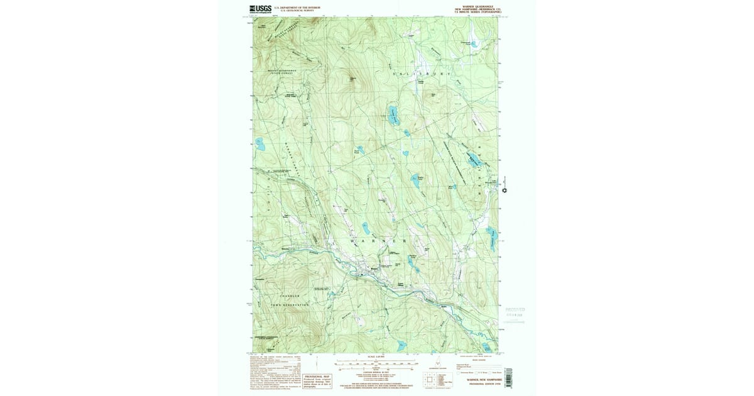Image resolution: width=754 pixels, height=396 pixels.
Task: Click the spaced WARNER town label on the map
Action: coord(376,241)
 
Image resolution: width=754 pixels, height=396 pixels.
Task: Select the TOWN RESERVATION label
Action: coord(290,305)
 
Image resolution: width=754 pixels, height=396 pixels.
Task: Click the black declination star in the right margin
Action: coord(504,190)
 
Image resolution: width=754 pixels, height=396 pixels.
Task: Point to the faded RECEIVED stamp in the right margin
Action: coord(515,310)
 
